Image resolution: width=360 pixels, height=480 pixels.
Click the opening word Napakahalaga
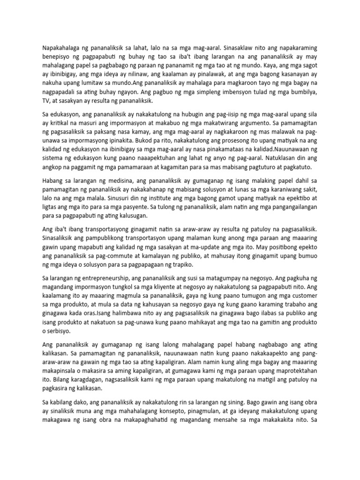58,47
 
